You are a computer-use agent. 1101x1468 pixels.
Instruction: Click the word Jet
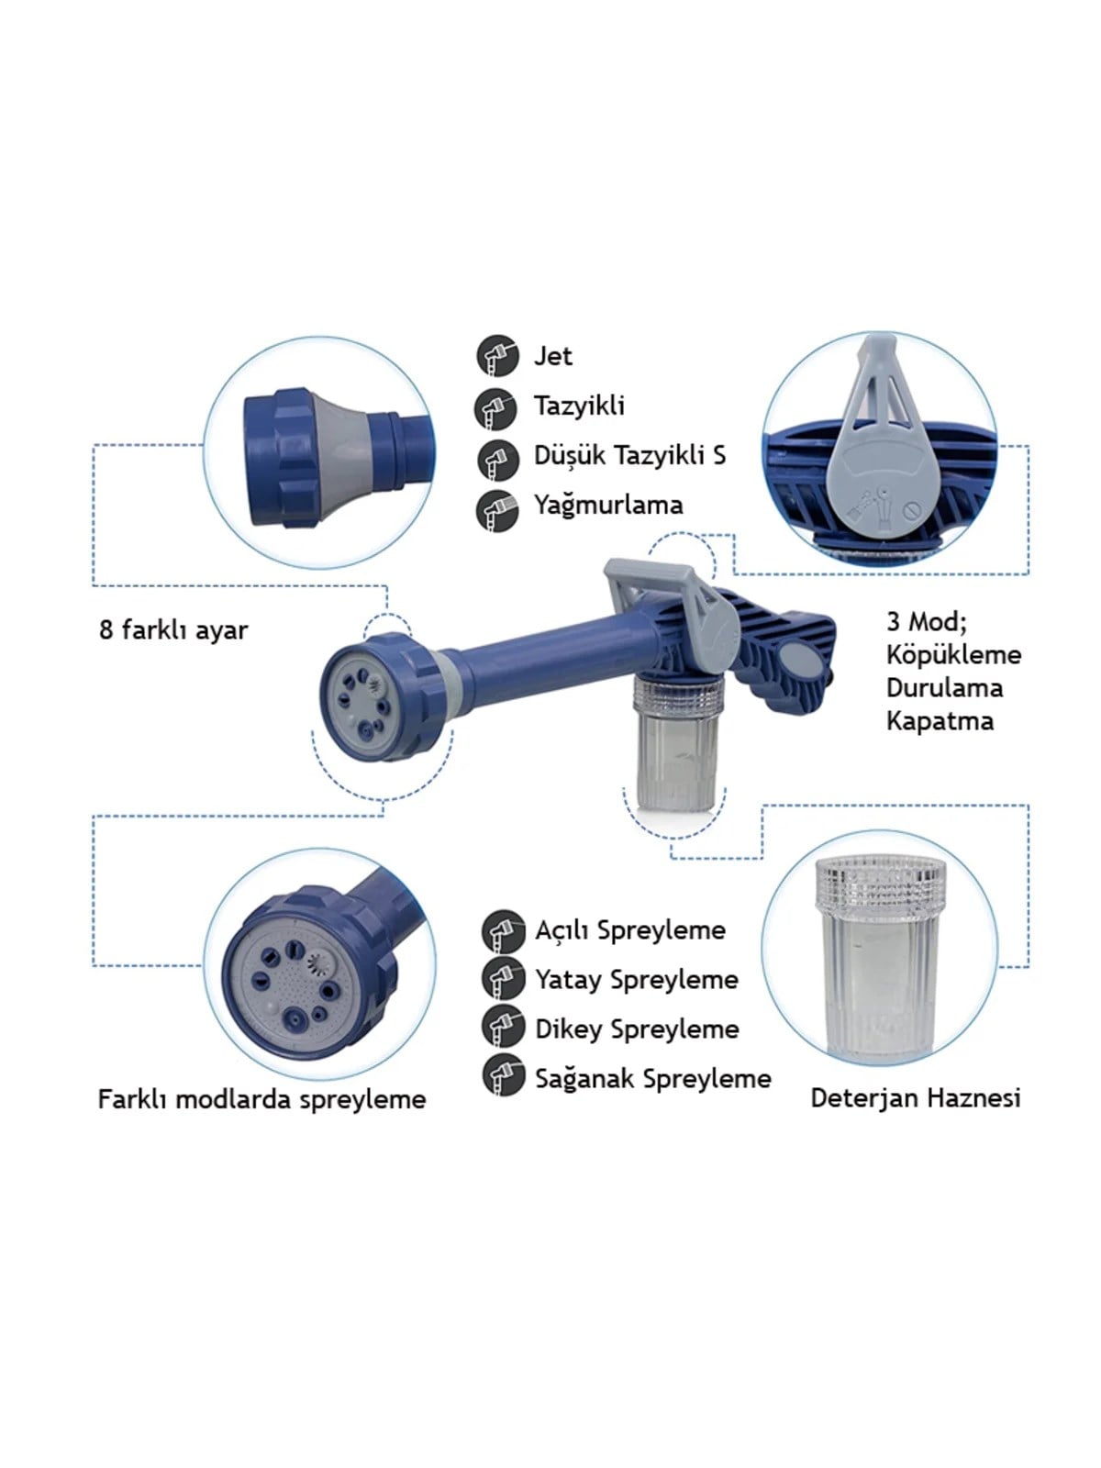point(552,356)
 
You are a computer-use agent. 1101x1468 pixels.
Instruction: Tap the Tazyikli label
point(579,406)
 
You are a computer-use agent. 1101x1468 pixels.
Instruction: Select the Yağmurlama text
point(608,505)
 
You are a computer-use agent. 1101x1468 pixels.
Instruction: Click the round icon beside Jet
point(498,356)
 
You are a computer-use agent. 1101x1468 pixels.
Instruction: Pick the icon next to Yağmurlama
point(498,511)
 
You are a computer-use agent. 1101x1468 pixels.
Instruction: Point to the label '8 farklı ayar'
point(173,630)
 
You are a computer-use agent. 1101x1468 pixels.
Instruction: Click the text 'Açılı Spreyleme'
point(630,931)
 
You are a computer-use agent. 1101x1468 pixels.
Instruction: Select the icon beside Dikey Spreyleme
point(503,1025)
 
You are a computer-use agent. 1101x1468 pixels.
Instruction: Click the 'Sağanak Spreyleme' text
point(653,1079)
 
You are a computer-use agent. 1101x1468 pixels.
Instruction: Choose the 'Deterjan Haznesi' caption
point(915,1098)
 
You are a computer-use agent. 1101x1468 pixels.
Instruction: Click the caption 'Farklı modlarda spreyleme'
point(262,1099)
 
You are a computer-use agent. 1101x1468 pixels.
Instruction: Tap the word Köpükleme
point(954,655)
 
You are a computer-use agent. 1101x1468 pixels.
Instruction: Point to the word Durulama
point(945,688)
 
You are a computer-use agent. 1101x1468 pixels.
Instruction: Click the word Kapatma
point(940,722)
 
